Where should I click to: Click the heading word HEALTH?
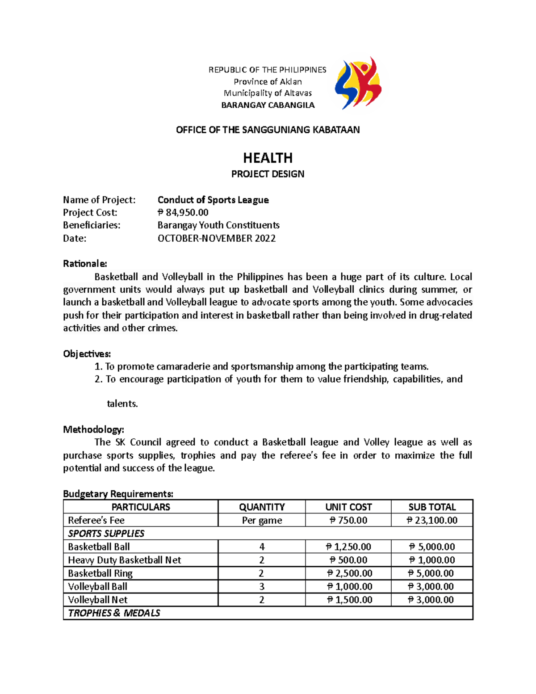pyautogui.click(x=268, y=158)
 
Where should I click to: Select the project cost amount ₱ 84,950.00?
pyautogui.click(x=183, y=212)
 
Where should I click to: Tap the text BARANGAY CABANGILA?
pyautogui.click(x=268, y=105)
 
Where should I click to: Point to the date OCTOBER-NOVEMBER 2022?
pyautogui.click(x=217, y=238)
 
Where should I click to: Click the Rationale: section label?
pyautogui.click(x=85, y=264)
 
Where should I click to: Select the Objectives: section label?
pyautogui.click(x=87, y=354)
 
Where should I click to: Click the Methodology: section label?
pyautogui.click(x=93, y=429)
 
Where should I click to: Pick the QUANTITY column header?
pyautogui.click(x=262, y=507)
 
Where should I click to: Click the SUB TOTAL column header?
pyautogui.click(x=432, y=507)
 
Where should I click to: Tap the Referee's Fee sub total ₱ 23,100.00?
pyautogui.click(x=432, y=520)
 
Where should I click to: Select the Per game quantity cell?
pyautogui.click(x=262, y=520)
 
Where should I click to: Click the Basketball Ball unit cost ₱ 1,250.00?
pyautogui.click(x=348, y=547)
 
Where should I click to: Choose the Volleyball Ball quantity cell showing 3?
pyautogui.click(x=262, y=586)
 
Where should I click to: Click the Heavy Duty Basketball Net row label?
pyautogui.click(x=124, y=560)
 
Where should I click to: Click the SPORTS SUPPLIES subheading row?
pyautogui.click(x=106, y=533)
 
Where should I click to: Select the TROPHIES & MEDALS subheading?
pyautogui.click(x=114, y=613)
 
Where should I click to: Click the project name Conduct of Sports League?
pyautogui.click(x=213, y=200)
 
